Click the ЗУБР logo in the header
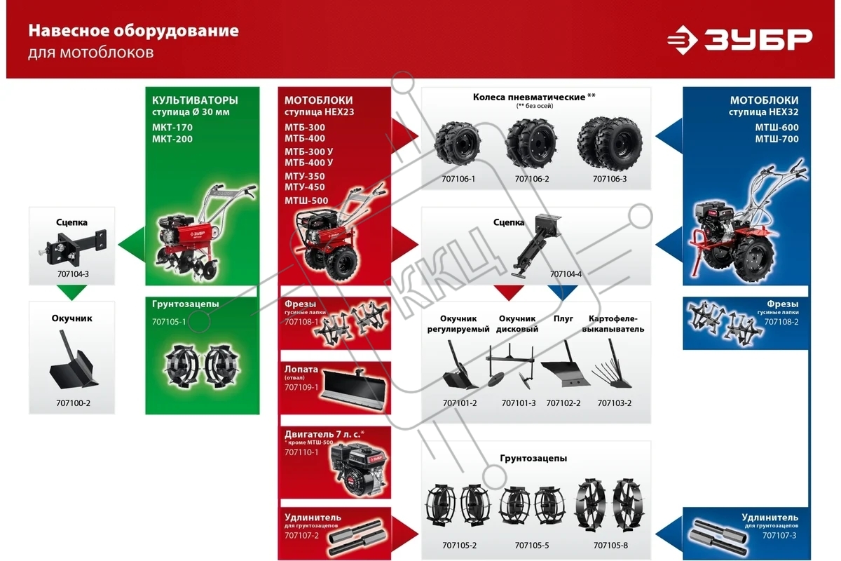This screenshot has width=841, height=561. coord(739,40)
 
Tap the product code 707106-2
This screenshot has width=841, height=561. coord(532,179)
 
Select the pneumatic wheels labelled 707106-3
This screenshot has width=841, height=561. coord(610,143)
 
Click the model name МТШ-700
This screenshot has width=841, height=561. coord(777,139)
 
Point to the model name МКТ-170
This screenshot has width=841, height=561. coord(172,128)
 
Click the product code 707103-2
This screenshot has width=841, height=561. coord(614,403)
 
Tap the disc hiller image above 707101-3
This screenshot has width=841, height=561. coord(510,365)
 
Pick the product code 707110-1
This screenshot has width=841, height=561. coord(301,452)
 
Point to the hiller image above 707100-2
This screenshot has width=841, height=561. coord(74,360)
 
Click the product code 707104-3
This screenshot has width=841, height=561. coord(73,274)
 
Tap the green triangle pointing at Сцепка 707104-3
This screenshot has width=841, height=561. coord(132,245)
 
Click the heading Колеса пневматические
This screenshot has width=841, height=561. coord(528,97)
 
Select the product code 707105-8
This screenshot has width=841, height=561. coord(610,545)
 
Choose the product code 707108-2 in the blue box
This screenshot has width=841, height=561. coord(781,322)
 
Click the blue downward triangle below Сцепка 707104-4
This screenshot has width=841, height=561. coord(562,292)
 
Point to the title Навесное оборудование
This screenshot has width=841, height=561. coord(133,31)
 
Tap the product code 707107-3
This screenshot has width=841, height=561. coord(779,536)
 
